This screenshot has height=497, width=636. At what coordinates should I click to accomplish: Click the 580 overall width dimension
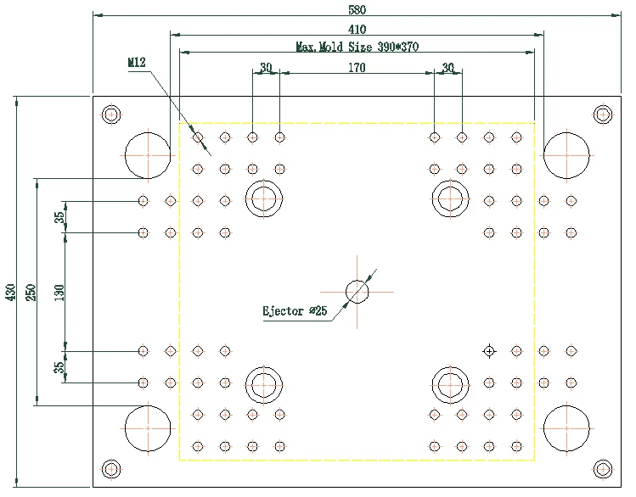(357, 9)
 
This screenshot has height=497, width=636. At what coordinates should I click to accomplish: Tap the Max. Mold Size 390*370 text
(357, 47)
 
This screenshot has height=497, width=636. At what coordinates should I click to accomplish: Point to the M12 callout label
(137, 62)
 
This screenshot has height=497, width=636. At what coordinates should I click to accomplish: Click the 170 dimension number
(357, 68)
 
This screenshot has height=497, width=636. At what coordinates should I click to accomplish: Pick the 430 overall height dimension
(10, 292)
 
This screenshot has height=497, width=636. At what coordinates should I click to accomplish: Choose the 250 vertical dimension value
(30, 292)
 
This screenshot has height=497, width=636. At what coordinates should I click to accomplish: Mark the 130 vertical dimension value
(59, 292)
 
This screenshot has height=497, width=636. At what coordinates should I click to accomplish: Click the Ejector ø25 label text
(295, 311)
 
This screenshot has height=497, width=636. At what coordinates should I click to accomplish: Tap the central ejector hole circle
(357, 292)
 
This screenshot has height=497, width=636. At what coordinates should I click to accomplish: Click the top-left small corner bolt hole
(110, 114)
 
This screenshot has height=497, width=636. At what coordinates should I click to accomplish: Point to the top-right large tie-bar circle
(566, 155)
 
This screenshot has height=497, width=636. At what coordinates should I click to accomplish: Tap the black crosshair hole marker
(489, 350)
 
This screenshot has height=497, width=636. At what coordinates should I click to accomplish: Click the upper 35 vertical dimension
(59, 217)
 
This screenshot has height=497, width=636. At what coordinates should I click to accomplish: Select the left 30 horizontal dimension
(266, 68)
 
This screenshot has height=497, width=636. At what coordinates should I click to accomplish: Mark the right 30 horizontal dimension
(448, 68)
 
